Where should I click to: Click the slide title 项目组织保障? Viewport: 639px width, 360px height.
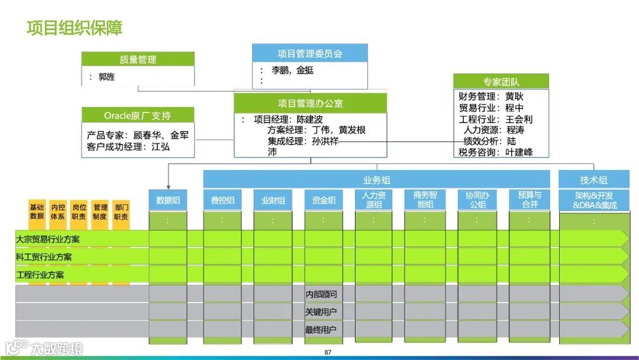(75, 28)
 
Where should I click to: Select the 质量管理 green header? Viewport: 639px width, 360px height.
(138, 59)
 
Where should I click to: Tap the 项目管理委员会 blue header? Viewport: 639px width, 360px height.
(309, 53)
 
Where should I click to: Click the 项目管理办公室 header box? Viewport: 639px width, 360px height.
(310, 103)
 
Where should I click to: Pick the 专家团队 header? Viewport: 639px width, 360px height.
(501, 82)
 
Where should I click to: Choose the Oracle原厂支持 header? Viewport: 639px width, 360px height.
(137, 115)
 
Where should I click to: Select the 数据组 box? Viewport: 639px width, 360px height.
(167, 200)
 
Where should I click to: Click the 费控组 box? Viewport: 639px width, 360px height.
(222, 200)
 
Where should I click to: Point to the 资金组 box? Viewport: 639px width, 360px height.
(324, 200)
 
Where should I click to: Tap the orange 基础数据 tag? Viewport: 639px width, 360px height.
(37, 211)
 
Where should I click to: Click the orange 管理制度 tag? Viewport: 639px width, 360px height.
(101, 211)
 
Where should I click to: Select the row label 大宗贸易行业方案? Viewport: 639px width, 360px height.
(48, 239)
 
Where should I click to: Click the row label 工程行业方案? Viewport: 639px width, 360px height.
(40, 275)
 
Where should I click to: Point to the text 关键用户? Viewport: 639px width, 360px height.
(321, 312)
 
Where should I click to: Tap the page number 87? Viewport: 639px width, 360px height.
(328, 353)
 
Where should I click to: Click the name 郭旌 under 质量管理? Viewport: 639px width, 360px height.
(106, 76)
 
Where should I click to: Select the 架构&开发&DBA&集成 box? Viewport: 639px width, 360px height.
(594, 200)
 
